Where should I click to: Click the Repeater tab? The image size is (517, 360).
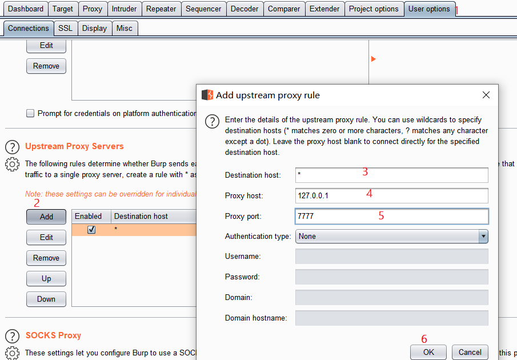pos(162,9)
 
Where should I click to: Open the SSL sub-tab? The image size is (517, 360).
pos(65,29)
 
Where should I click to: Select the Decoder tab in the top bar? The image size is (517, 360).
pos(245,9)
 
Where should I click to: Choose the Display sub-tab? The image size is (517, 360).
pos(95,29)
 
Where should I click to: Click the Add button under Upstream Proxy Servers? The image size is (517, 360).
pos(46,217)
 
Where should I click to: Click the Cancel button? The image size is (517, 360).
pos(470,352)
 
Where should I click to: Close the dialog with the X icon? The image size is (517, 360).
pos(486,95)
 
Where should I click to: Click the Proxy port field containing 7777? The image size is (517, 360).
pos(392,216)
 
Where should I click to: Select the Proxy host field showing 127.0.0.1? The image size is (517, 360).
pos(392,196)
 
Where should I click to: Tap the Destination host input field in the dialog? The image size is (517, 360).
pos(392,175)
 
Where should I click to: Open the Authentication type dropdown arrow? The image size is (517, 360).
pos(483,237)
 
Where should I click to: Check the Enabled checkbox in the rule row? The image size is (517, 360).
pos(91,230)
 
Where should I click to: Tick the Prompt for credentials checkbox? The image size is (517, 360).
pos(30,113)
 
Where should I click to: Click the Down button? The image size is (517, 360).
pos(46,299)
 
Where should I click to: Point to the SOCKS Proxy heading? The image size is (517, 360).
pos(54,335)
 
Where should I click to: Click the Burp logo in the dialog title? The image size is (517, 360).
pos(207,95)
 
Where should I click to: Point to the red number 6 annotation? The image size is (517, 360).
pos(424,339)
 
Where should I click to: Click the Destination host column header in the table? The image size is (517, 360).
pos(141,216)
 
